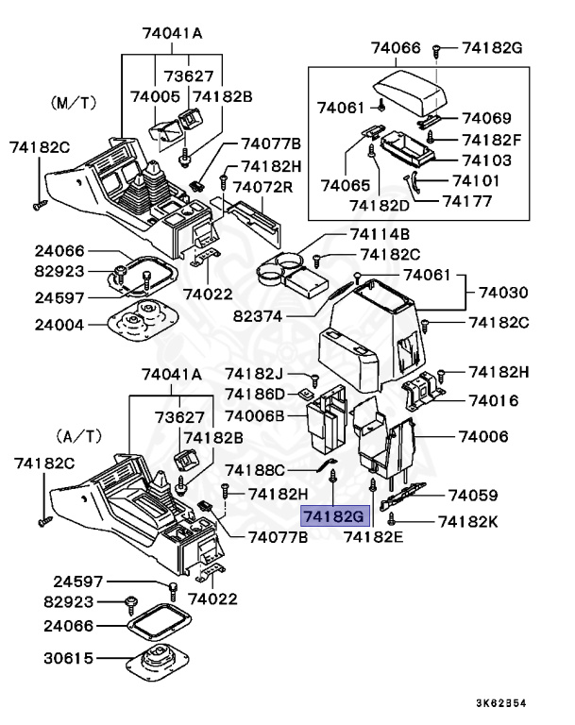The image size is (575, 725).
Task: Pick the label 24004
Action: coord(59,325)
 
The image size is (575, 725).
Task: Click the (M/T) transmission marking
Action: coord(73,100)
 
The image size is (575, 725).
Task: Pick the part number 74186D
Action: coord(255,393)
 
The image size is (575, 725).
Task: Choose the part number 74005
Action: coord(154,96)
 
